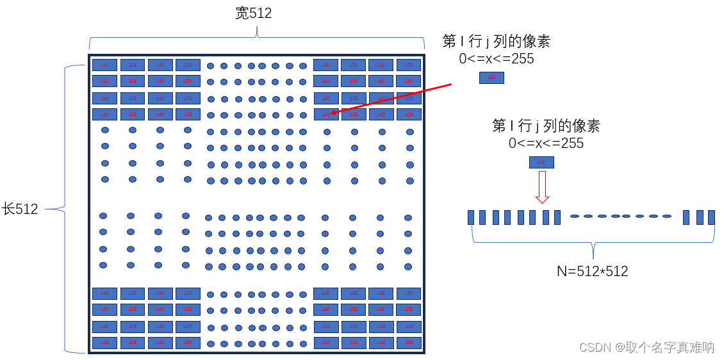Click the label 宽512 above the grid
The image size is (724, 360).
[254, 13]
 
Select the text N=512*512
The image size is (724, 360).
[592, 271]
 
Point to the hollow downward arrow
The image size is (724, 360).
[542, 186]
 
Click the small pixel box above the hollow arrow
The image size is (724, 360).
[541, 163]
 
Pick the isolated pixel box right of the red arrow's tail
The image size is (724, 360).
[491, 78]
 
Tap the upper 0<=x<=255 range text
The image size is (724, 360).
[496, 59]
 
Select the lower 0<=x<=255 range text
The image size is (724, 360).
[546, 143]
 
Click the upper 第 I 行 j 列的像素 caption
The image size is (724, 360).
[496, 42]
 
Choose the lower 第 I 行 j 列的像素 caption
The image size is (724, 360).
[546, 126]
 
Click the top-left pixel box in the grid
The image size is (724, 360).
[104, 65]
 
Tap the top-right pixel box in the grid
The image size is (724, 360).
[408, 65]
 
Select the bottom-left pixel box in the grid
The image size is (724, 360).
[104, 343]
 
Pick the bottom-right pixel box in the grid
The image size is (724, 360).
[408, 343]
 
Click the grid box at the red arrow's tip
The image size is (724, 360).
[325, 115]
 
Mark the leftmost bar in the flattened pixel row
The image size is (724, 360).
[471, 217]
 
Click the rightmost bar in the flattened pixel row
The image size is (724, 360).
[711, 217]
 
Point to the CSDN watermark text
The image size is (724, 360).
[646, 347]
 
